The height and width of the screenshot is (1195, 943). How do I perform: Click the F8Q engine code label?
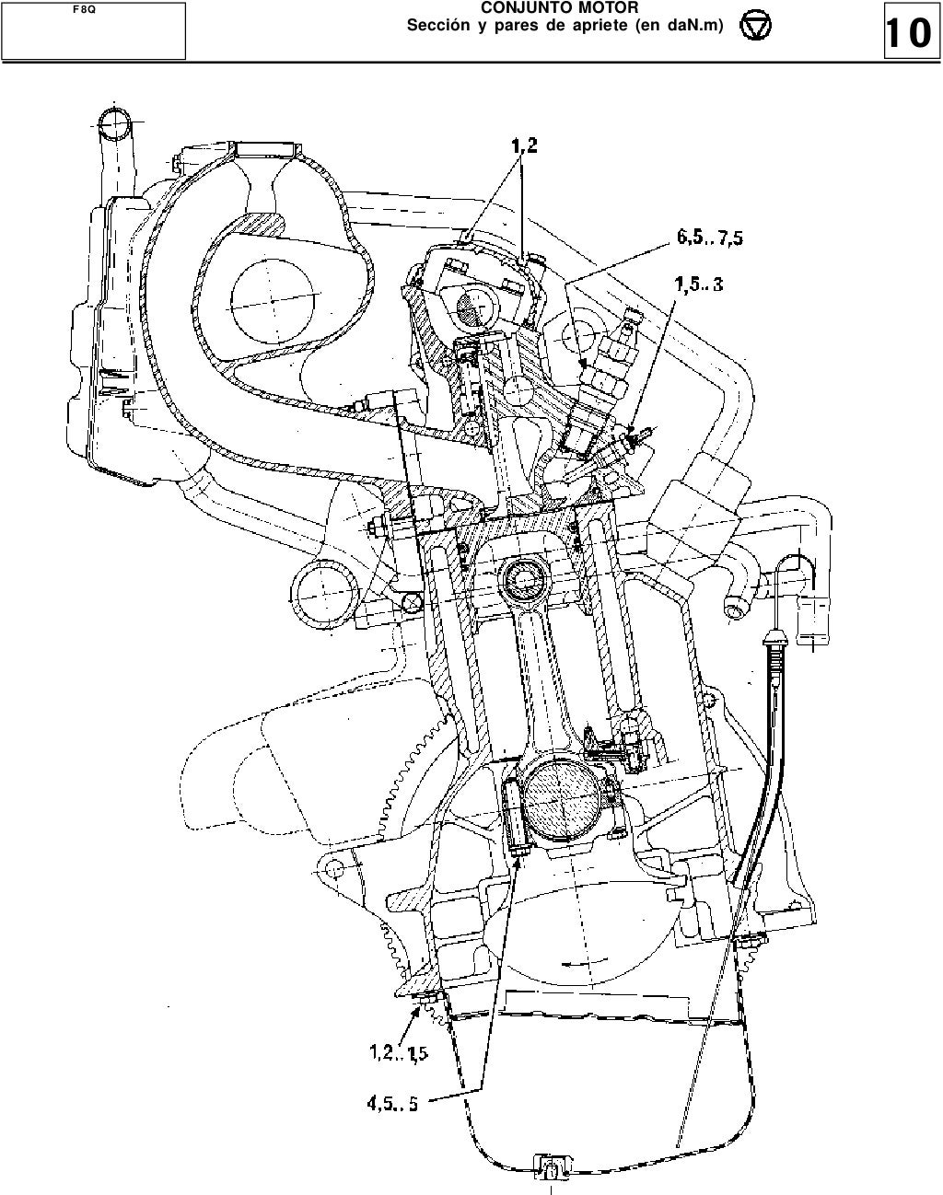(x=85, y=10)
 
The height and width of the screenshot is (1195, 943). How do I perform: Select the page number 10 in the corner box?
(x=908, y=33)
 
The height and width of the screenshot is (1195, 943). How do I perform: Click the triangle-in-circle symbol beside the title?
(x=755, y=26)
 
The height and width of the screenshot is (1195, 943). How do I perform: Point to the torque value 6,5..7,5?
(x=710, y=238)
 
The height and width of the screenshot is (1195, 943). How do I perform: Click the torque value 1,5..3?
(x=699, y=284)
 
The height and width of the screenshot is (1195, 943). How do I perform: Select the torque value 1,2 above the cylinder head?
(x=524, y=146)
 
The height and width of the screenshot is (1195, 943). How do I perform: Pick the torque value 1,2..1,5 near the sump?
(x=399, y=1053)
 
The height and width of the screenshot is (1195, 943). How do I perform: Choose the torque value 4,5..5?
(x=392, y=1103)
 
